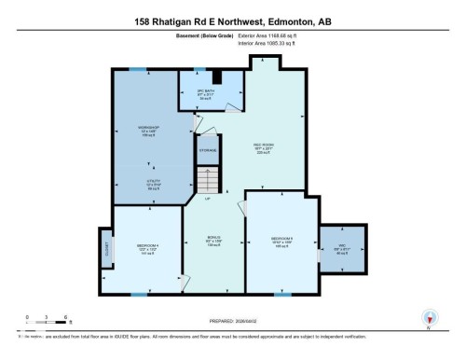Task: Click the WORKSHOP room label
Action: (150, 127)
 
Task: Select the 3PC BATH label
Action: (192, 91)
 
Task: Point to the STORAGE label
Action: (208, 149)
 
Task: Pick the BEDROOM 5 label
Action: (282, 239)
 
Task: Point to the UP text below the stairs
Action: (208, 199)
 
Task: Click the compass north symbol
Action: (428, 317)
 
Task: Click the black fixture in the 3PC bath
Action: (216, 78)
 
